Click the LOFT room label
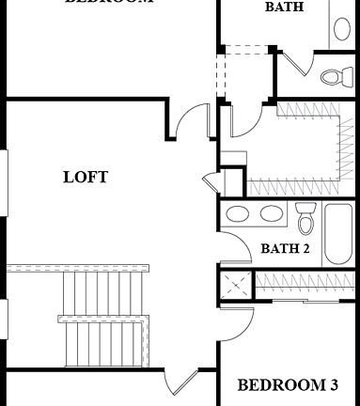coord(86,177)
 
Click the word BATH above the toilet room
coord(284,7)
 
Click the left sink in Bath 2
coord(238,213)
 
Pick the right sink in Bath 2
coord(271,213)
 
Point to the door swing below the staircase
coord(179,383)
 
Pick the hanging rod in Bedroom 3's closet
coord(305,280)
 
